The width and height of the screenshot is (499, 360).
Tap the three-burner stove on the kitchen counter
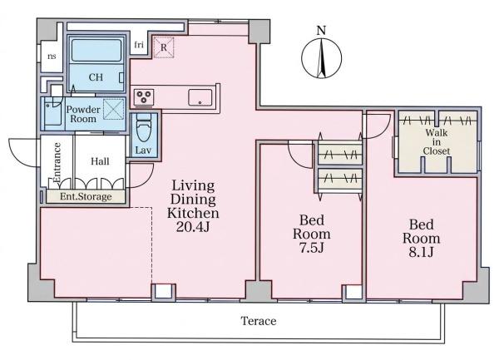click(x=144, y=97)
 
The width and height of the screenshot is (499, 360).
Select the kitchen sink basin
click(x=200, y=97)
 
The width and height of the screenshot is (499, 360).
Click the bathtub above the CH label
click(x=96, y=50)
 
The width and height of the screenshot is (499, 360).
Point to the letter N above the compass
click(x=321, y=31)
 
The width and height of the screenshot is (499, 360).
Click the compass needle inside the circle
click(x=322, y=58)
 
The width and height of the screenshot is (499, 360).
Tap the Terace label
click(x=258, y=321)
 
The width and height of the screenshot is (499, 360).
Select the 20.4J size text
click(x=193, y=227)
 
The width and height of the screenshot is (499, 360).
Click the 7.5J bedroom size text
click(x=311, y=248)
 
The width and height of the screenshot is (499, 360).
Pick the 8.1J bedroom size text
click(x=421, y=252)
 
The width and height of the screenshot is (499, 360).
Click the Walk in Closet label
click(x=437, y=141)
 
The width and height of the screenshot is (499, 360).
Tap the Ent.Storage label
click(x=86, y=196)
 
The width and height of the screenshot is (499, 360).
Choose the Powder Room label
click(x=83, y=114)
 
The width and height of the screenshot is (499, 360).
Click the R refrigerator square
click(x=164, y=47)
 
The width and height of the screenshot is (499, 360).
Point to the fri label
click(x=138, y=45)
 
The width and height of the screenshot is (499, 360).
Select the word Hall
click(x=100, y=161)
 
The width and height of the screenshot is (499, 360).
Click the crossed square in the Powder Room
click(x=114, y=109)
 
